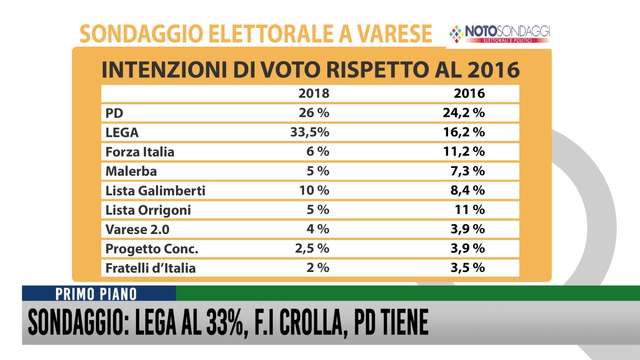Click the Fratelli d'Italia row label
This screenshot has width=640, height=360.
tap(149, 268)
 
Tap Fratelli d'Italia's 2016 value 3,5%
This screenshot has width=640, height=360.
tap(465, 268)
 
